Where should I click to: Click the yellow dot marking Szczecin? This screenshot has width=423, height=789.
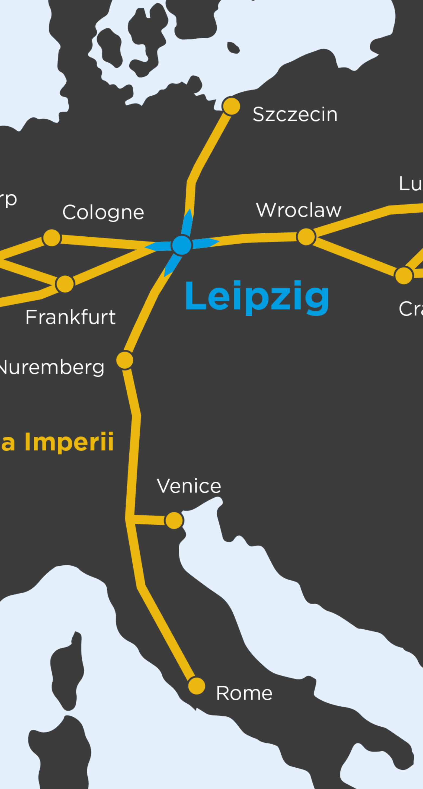click(x=231, y=106)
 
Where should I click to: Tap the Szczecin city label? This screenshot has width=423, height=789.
click(x=295, y=114)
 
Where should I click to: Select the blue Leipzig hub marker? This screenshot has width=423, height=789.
click(x=182, y=245)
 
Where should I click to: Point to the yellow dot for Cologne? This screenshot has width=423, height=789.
click(x=52, y=238)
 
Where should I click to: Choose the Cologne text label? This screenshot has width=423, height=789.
click(x=103, y=212)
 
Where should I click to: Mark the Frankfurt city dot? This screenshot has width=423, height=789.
click(x=65, y=284)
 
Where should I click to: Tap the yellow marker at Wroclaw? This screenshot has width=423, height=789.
click(x=306, y=237)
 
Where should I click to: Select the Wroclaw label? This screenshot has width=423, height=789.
click(x=299, y=210)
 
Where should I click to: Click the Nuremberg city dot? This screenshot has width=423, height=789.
click(x=125, y=360)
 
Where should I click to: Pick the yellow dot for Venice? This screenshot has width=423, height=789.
click(x=174, y=520)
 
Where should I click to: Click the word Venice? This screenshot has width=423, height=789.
click(x=189, y=486)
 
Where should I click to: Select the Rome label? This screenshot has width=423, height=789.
click(x=244, y=693)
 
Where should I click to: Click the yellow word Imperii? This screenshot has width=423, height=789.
click(x=69, y=442)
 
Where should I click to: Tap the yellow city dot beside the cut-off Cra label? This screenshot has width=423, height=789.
click(x=404, y=275)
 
